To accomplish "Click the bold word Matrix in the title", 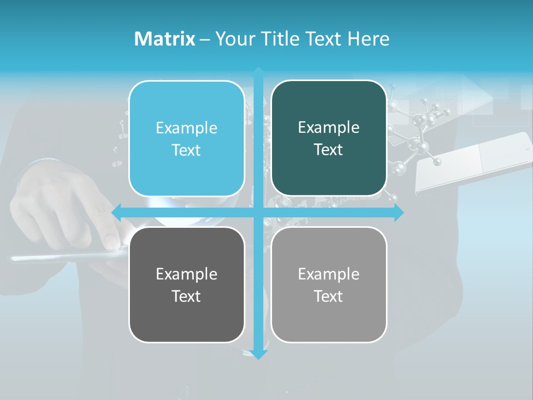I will pos(164,39).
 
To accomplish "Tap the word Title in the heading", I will pos(280,39).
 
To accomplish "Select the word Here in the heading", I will pos(368,39).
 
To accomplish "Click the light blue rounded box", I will pos(187,139).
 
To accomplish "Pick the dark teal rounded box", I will pos(329,138).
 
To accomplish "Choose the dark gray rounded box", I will pos(187,284).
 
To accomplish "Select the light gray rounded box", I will pos(329,284).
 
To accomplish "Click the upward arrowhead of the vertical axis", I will pos(258,73).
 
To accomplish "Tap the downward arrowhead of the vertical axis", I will pos(258,354).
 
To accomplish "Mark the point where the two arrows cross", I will pos(258,212).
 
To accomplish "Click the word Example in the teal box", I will pos(329,128).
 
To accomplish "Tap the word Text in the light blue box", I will pos(187,151).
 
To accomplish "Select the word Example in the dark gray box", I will pos(187,274).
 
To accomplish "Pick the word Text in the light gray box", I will pos(329,296).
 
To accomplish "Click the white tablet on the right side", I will pos(472,161).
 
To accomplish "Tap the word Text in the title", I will pos(323,39).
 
